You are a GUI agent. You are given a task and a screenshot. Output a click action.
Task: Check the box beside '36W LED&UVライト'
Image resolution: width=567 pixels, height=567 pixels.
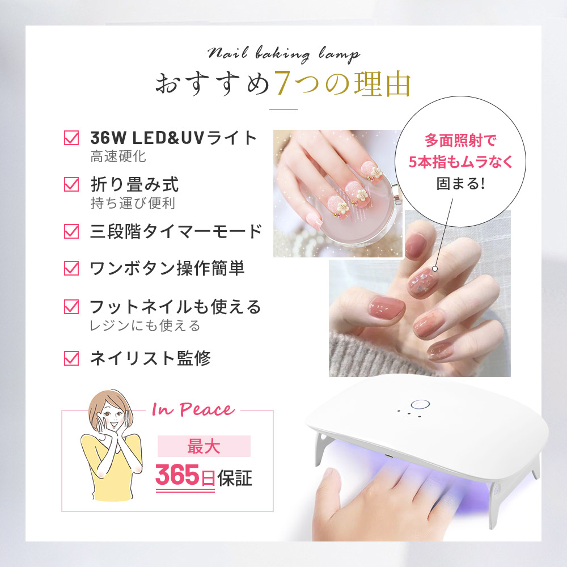[x=71, y=138]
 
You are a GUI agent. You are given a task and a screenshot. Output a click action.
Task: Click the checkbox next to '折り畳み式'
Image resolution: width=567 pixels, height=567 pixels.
[x=71, y=184]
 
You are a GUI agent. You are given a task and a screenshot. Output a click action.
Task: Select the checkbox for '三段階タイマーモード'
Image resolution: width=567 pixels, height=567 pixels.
[x=71, y=231]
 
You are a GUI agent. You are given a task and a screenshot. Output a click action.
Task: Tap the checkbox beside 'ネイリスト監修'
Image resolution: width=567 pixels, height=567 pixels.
[x=71, y=358]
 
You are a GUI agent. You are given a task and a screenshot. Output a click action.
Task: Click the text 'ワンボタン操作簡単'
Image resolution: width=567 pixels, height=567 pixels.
[x=167, y=268]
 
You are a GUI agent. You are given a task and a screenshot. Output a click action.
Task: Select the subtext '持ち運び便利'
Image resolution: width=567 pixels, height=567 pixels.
[x=133, y=203]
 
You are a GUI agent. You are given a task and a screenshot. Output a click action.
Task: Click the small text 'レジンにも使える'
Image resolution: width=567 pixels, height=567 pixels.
[x=145, y=325]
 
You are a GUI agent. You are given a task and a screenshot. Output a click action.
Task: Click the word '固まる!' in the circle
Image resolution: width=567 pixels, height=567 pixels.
[x=460, y=184]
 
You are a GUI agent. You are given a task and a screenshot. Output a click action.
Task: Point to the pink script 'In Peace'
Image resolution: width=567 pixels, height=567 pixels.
[x=193, y=409]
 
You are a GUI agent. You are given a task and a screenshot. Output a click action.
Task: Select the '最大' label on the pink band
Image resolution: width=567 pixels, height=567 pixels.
[x=204, y=446]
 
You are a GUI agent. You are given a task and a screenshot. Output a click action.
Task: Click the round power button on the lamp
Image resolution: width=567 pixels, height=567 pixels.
[x=420, y=405]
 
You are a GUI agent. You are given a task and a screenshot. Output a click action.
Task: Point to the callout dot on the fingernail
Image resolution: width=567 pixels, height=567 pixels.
[x=435, y=269]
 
